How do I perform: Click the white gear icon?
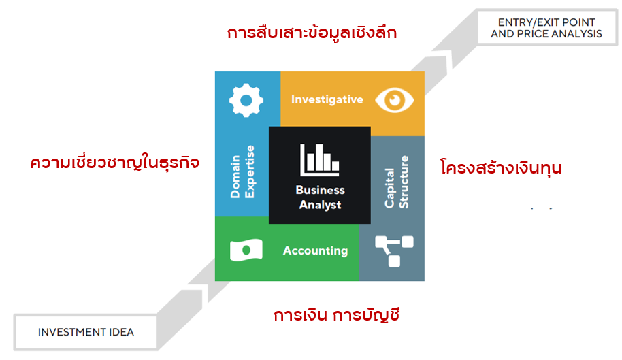[246, 100]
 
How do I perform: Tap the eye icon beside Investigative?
[395, 100]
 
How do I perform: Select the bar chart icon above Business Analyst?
[320, 160]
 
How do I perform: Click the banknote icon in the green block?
[246, 250]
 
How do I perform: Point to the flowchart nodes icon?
[394, 251]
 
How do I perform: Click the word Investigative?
[327, 99]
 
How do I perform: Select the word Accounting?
[315, 251]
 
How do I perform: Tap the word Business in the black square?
[320, 190]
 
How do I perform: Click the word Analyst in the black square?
[320, 205]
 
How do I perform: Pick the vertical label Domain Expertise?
[242, 171]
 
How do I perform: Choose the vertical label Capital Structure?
[396, 182]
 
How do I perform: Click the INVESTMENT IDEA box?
[86, 332]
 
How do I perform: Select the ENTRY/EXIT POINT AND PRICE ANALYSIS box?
[546, 28]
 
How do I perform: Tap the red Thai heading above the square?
[312, 33]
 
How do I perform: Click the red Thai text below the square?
[336, 316]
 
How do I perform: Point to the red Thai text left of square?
[115, 163]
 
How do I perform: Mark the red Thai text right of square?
[501, 167]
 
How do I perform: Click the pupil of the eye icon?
[395, 100]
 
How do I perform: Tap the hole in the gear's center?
[246, 100]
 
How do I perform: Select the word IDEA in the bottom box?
[121, 332]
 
